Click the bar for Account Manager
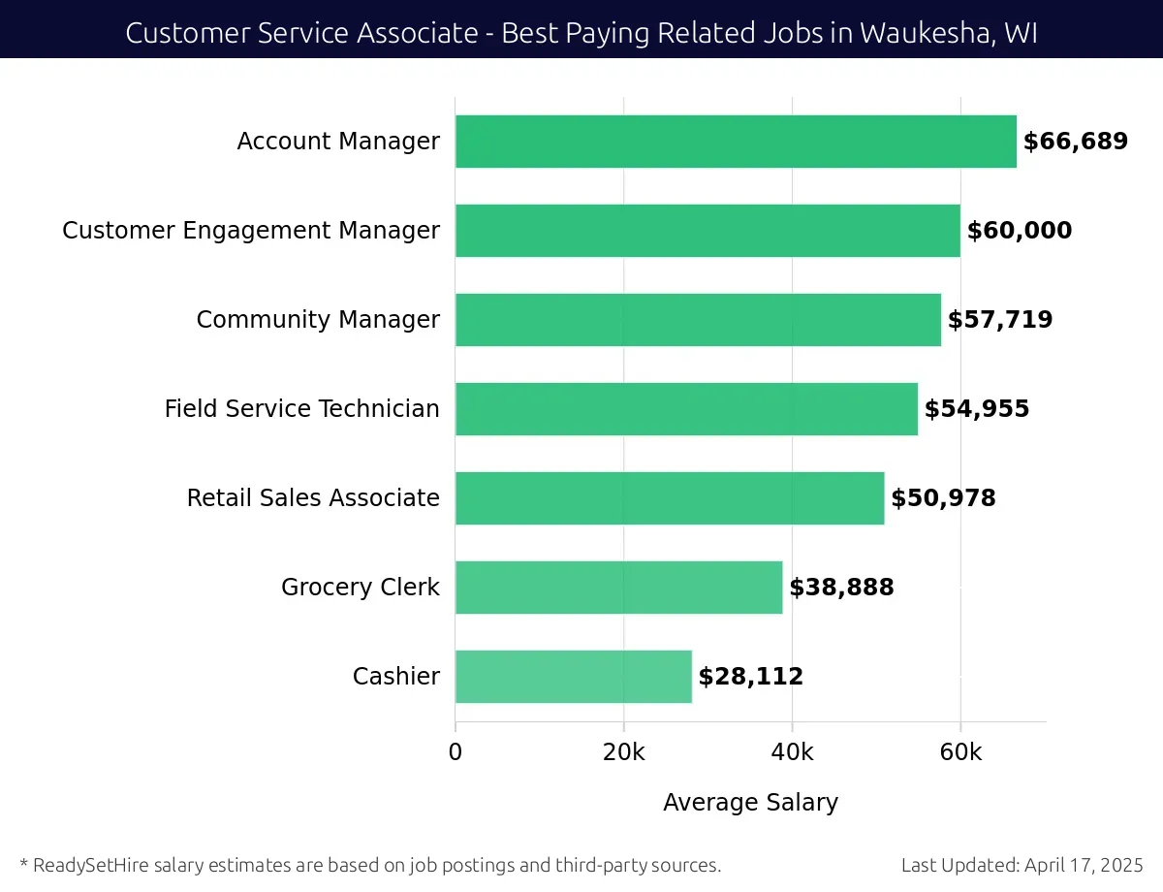pos(736,142)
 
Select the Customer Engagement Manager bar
pos(707,231)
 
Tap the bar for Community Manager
pos(698,320)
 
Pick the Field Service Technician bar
pos(686,409)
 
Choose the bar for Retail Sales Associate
pos(670,498)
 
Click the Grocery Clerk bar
pos(618,588)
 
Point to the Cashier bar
pos(573,677)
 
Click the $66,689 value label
pos(1076,142)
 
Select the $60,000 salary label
pos(1020,231)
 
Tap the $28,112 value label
pos(751,677)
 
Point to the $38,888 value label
pos(841,588)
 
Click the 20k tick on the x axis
pos(623,753)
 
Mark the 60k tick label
pos(960,753)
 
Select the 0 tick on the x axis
pos(456,753)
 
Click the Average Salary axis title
pos(750,803)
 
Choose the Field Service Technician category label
pos(301,409)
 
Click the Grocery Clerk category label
pos(360,588)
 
